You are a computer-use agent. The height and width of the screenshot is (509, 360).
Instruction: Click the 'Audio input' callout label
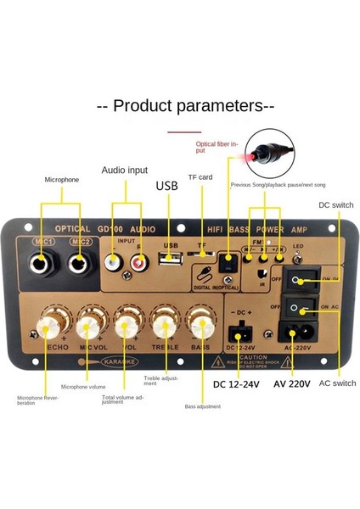125,170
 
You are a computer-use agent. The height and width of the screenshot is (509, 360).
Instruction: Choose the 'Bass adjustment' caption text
202,407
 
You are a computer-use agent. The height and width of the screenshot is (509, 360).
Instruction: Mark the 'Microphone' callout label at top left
62,180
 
